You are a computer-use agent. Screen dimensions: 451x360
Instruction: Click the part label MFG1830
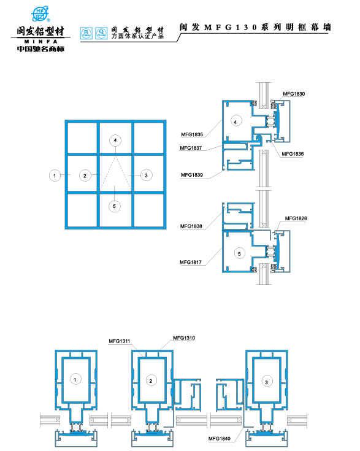click(293, 94)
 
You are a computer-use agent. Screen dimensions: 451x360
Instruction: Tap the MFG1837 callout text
click(191, 148)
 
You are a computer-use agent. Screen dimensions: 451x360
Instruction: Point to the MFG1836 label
click(293, 153)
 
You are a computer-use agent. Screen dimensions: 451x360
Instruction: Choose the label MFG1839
click(191, 175)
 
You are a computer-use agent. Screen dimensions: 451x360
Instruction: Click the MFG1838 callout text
click(191, 226)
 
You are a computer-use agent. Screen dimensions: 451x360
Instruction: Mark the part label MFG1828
click(296, 218)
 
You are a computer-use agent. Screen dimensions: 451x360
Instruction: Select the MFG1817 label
click(191, 262)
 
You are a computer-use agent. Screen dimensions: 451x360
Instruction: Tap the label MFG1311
click(119, 341)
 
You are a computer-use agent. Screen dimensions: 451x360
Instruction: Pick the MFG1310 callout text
click(184, 337)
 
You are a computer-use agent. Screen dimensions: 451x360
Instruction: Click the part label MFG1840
click(219, 438)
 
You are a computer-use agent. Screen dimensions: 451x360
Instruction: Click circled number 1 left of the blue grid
click(55, 175)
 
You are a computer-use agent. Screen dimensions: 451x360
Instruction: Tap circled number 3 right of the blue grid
click(145, 175)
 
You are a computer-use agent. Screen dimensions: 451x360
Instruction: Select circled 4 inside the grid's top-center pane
click(115, 141)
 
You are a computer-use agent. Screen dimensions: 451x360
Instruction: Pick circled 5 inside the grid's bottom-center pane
click(115, 206)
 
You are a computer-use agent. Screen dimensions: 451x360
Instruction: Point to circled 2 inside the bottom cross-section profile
click(150, 381)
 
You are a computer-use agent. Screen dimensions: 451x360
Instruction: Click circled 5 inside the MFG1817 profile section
click(240, 252)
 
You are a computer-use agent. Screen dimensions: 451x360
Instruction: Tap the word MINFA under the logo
click(39, 40)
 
